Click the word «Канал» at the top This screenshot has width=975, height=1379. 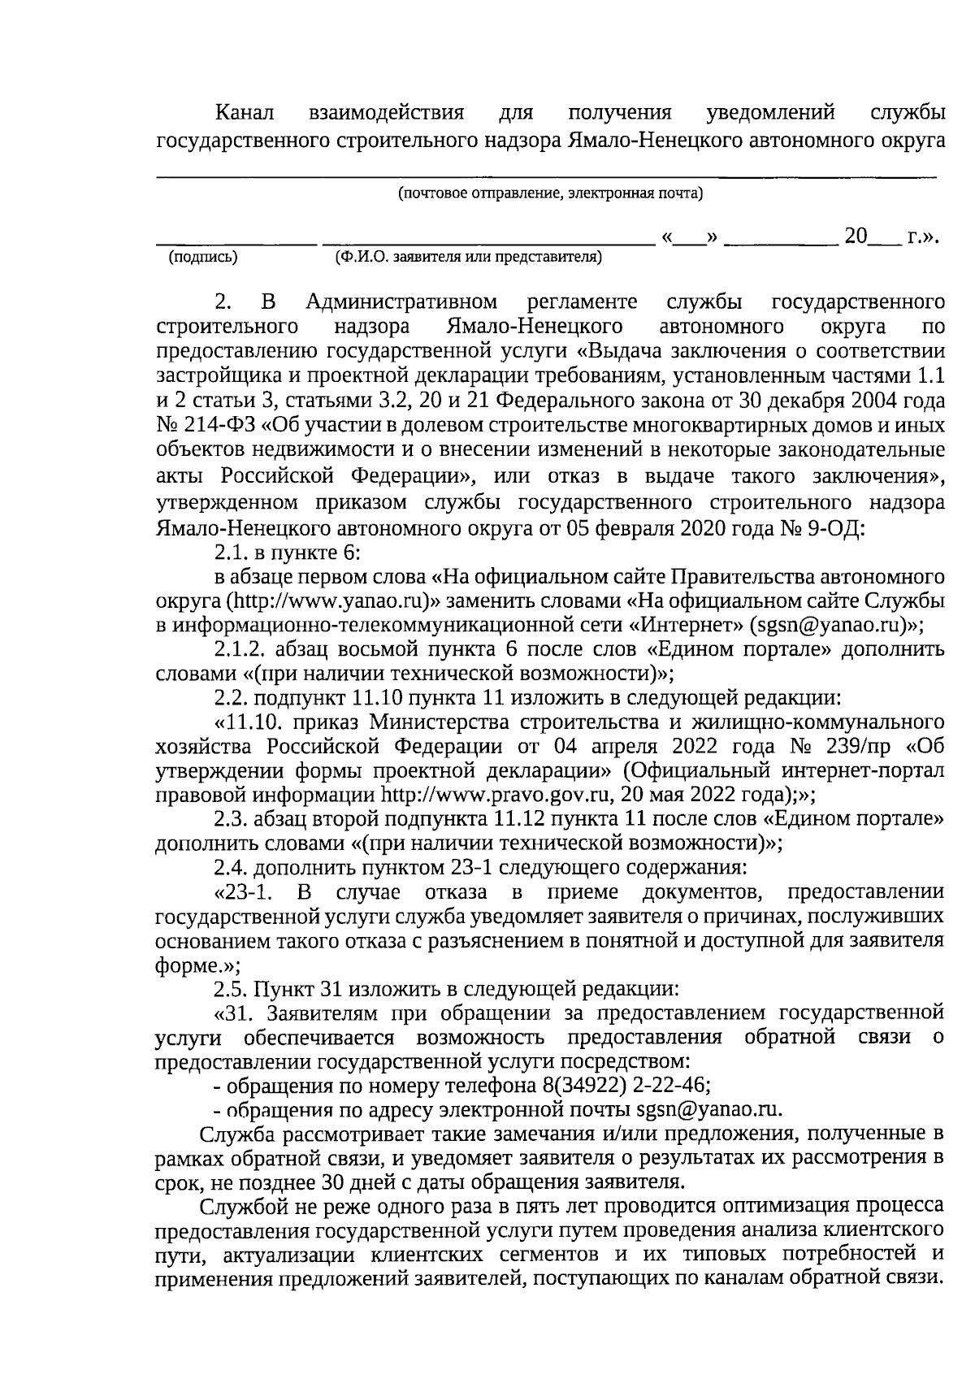pos(246,112)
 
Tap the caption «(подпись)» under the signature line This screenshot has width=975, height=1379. pos(202,258)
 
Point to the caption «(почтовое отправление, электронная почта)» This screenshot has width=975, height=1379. pos(550,195)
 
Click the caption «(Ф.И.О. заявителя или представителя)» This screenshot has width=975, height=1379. pos(468,258)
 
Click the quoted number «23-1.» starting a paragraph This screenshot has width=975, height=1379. pos(243,892)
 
